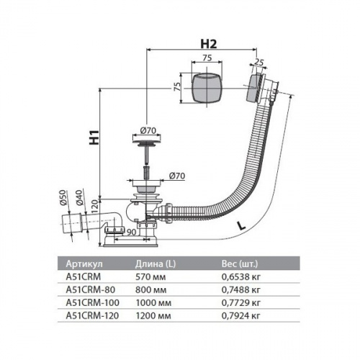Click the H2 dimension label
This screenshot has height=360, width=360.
click(x=209, y=44)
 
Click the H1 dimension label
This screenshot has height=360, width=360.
click(x=94, y=138)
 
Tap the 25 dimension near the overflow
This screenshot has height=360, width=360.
click(x=258, y=62)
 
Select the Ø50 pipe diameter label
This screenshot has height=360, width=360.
click(x=63, y=197)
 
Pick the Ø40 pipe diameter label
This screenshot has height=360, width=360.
click(x=79, y=197)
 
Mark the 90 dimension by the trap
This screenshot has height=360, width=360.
click(x=131, y=232)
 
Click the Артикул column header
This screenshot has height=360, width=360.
click(x=84, y=264)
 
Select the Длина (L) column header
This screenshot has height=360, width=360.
click(x=156, y=264)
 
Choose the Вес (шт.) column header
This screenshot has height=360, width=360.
click(x=240, y=264)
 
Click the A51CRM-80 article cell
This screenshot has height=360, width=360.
click(x=91, y=290)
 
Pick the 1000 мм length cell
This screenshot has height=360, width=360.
click(x=153, y=303)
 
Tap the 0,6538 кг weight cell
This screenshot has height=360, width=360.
click(x=240, y=277)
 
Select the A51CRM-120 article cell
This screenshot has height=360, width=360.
click(x=92, y=316)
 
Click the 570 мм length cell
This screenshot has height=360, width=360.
click(x=150, y=277)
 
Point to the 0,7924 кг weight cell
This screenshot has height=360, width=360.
click(x=240, y=316)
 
